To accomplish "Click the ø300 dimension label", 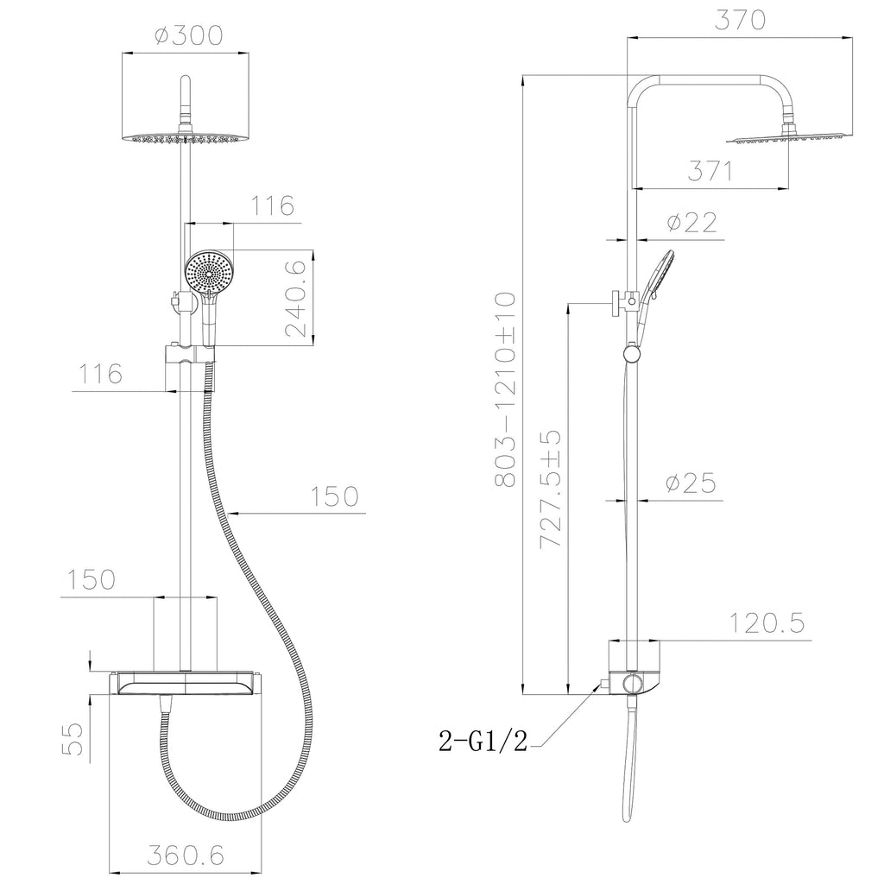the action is point(189,35).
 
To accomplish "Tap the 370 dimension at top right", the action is point(740,20).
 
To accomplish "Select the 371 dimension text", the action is point(710,170).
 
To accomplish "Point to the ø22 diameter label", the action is point(691,222).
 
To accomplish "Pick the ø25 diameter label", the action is point(691,483).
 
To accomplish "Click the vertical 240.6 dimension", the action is point(295,298).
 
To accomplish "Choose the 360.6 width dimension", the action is point(186,856).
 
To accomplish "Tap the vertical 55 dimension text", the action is point(73,739).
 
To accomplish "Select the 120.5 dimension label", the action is point(767,623).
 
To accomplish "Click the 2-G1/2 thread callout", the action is point(483,741).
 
